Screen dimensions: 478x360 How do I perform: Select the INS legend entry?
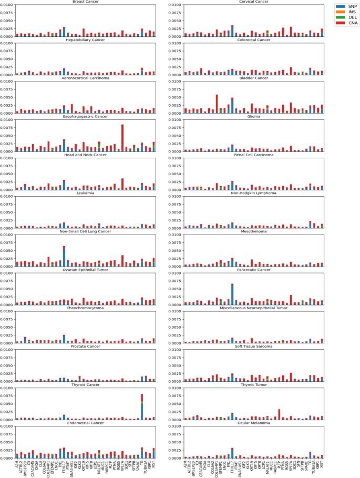[x=348, y=12]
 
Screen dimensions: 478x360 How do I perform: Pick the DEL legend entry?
[x=348, y=17]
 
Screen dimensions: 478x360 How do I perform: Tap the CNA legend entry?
[x=348, y=23]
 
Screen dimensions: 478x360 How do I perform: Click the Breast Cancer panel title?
[x=86, y=2]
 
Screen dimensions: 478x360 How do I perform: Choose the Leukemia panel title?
[x=86, y=193]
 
